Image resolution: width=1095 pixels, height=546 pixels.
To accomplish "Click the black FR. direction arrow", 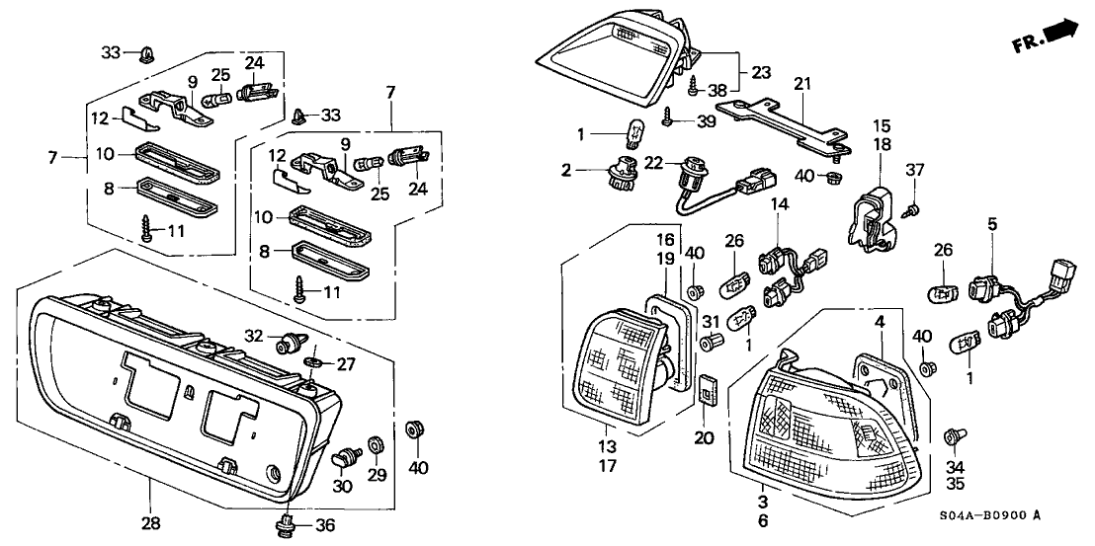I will (x=1061, y=32).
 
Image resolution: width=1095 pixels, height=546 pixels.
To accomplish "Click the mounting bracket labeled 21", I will (x=781, y=118).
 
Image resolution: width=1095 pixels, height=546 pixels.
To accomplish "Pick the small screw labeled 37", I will (x=915, y=208).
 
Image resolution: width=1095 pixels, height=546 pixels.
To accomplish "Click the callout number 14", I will (x=781, y=232).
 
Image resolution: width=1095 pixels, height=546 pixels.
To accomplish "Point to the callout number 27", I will (x=346, y=363).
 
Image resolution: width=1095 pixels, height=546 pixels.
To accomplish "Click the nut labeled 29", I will (x=377, y=441).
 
